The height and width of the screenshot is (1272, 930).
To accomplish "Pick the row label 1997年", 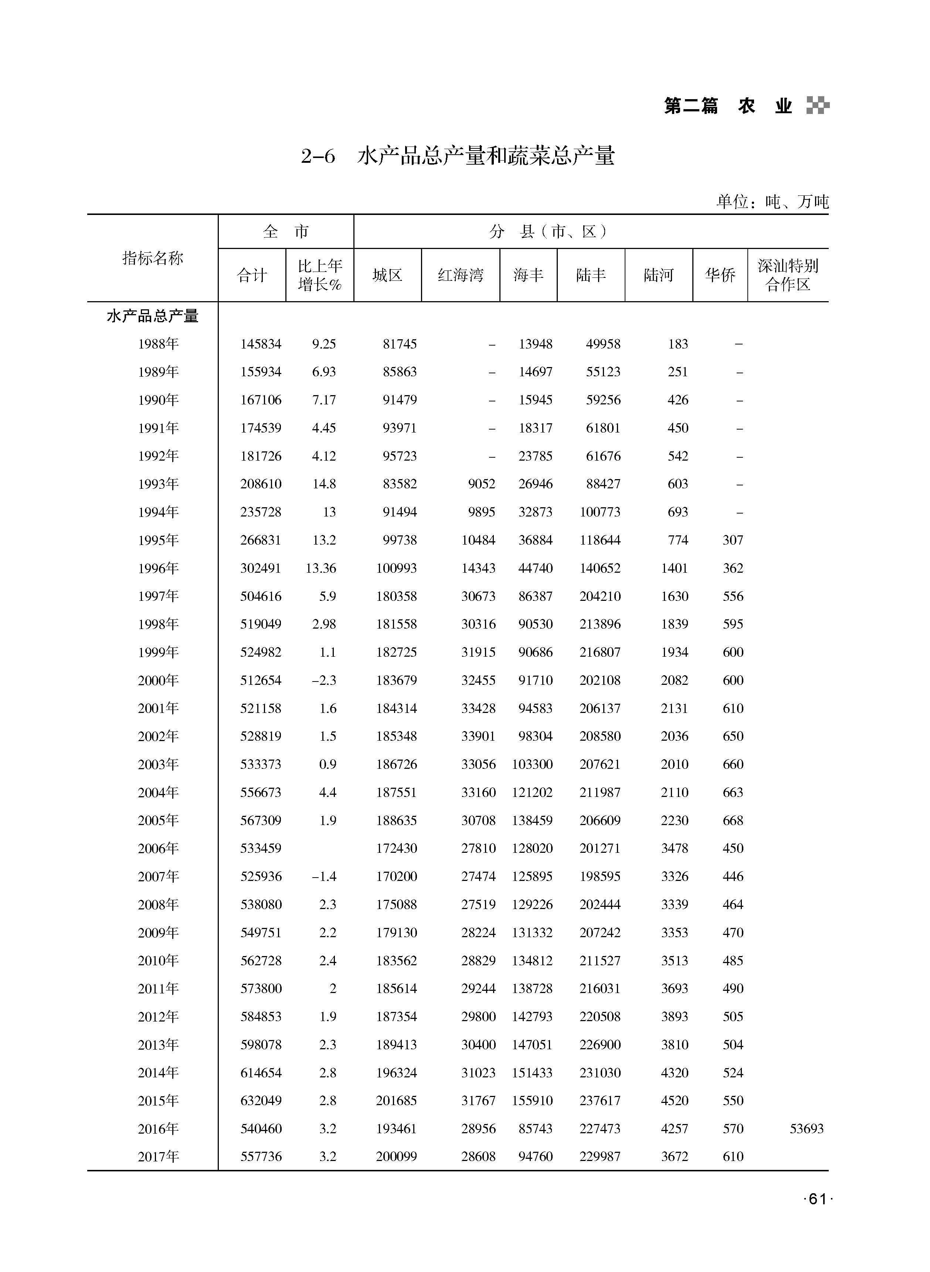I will click(x=158, y=596).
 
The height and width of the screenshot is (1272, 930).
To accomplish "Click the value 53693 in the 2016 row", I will click(x=806, y=1128).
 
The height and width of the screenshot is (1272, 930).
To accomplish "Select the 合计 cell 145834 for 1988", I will click(x=261, y=344).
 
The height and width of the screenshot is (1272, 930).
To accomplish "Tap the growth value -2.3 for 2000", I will click(x=324, y=680).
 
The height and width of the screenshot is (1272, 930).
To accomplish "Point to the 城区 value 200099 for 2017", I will click(x=396, y=1157).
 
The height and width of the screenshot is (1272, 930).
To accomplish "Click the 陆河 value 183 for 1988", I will click(x=678, y=344).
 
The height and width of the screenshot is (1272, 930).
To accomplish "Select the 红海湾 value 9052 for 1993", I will click(x=481, y=484).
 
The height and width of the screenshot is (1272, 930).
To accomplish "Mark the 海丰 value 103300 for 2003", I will click(x=532, y=764).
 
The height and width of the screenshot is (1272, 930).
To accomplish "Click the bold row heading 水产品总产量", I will click(x=153, y=316).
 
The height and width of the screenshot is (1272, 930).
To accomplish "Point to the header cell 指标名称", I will click(x=153, y=258).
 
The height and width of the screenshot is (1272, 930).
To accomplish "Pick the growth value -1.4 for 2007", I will click(x=324, y=876).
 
